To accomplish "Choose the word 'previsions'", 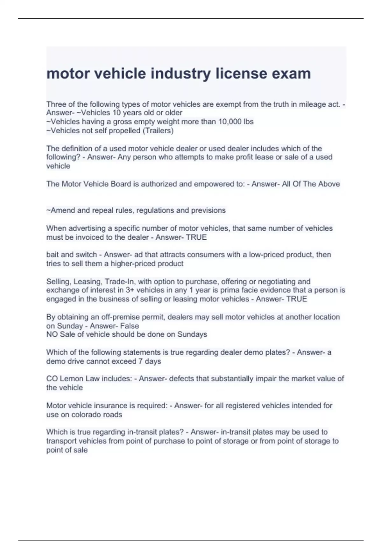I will (x=208, y=210).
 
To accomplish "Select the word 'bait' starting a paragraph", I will (x=53, y=255).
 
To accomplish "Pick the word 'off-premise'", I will (x=120, y=317).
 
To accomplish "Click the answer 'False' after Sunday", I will (x=129, y=326).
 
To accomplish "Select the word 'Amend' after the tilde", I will (x=61, y=210).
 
